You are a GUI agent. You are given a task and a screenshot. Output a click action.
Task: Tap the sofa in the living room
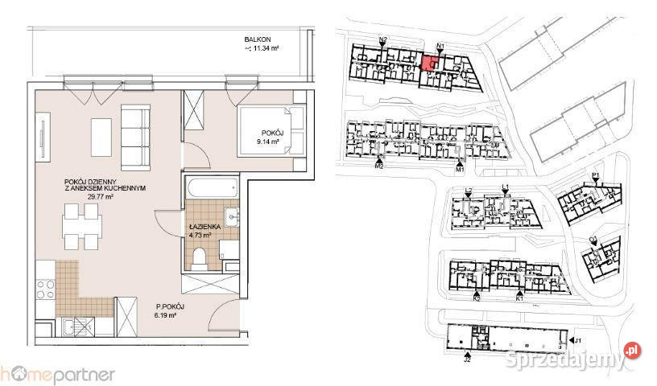[135, 129]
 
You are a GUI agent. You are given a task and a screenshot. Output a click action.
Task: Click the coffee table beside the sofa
[101, 138]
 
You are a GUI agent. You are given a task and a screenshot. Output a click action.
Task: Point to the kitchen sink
[76, 326]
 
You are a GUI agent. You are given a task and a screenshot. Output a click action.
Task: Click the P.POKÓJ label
[171, 307]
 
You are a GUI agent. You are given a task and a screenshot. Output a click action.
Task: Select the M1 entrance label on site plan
[461, 170]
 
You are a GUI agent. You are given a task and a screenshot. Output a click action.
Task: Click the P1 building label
[596, 175]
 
